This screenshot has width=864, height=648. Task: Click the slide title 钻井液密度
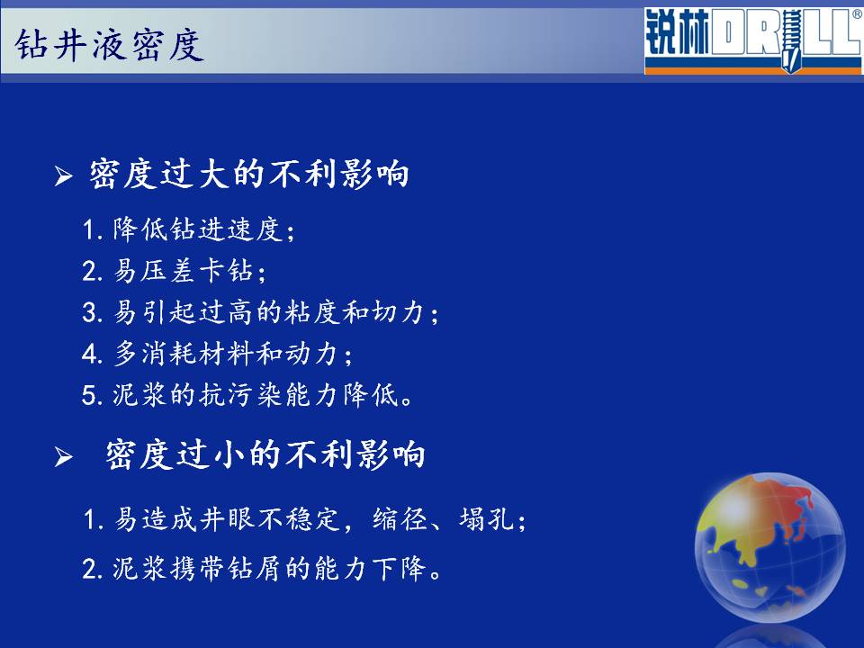click(x=110, y=45)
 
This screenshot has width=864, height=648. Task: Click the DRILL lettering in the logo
click(x=787, y=35)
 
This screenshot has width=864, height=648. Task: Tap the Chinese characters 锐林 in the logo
click(x=677, y=33)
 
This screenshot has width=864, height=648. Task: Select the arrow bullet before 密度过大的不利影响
click(x=63, y=176)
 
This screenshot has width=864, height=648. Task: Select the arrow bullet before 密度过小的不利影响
click(x=63, y=457)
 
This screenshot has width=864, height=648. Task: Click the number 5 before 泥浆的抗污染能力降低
click(x=89, y=395)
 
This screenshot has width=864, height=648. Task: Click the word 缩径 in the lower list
click(x=400, y=519)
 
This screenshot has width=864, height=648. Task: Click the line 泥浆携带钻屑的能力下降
click(x=262, y=568)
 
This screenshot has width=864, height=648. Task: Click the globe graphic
click(x=769, y=546)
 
